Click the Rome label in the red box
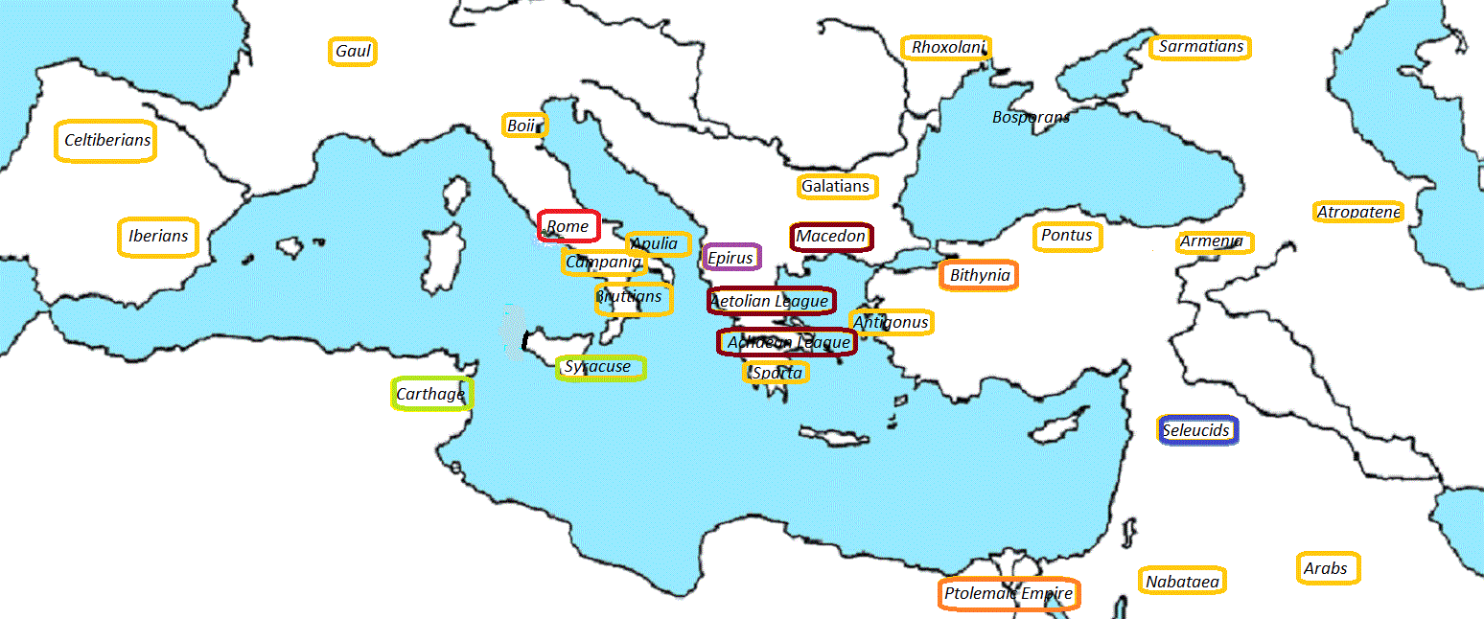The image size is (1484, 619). coord(568,226)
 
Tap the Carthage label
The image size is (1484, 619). coord(431,394)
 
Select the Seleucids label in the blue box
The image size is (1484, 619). coord(1196,430)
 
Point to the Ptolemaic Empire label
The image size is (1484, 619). coord(1009,594)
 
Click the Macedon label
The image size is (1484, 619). coord(831,236)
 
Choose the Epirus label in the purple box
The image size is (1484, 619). coord(730,257)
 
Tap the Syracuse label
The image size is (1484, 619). coord(599,367)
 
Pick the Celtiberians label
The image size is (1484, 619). coord(107,141)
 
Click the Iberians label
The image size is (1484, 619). coord(158,236)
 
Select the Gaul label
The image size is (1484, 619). coord(353,51)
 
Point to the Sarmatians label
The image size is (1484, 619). coord(1200,47)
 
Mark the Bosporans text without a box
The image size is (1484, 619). coord(1031,117)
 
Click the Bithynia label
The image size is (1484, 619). coord(979,276)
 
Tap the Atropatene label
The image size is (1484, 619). coord(1358,212)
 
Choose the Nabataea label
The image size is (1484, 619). coord(1183,581)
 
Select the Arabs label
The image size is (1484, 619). coord(1327,568)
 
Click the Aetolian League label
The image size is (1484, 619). coord(770,301)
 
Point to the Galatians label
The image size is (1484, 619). coord(836,186)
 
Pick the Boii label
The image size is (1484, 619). coord(523,126)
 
